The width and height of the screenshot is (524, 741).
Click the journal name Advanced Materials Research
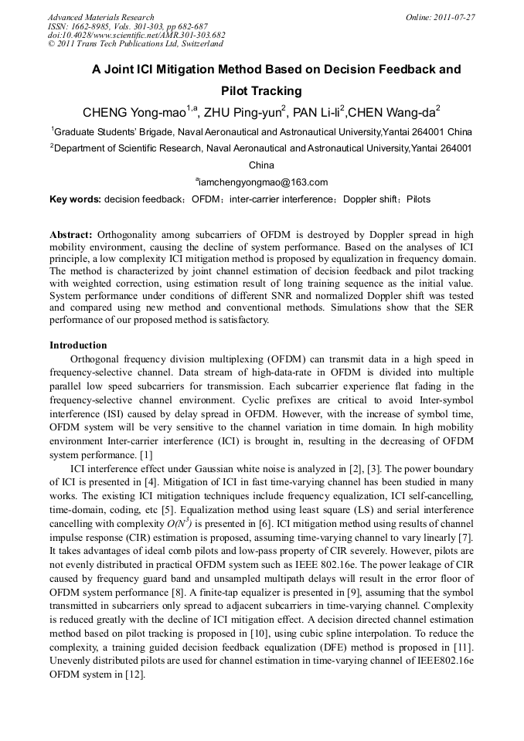[100, 17]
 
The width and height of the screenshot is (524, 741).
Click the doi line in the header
[136, 36]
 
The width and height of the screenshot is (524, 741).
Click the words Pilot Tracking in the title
[261, 91]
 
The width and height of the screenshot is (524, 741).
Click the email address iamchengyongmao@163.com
[263, 182]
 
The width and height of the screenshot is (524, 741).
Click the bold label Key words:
[75, 199]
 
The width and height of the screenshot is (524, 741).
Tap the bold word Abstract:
[71, 234]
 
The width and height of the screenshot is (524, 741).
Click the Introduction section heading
[78, 345]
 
